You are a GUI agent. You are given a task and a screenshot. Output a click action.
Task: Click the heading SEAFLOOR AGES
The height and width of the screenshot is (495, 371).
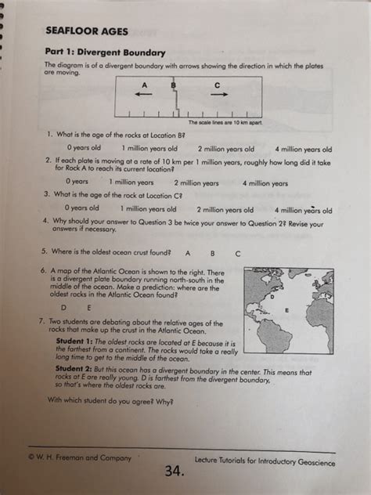[87, 31]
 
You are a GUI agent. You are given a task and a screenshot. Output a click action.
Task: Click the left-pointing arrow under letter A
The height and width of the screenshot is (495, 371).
[143, 94]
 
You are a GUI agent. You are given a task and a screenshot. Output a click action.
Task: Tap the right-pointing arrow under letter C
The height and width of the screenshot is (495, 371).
[219, 94]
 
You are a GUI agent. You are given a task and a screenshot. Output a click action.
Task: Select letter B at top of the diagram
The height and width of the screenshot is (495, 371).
[173, 85]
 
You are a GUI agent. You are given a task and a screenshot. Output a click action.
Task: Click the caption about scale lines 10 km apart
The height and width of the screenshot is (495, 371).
[225, 122]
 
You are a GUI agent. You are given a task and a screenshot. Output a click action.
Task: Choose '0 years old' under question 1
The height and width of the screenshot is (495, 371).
[84, 147]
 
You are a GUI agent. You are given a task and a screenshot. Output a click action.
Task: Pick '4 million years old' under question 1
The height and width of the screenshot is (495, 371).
[304, 149]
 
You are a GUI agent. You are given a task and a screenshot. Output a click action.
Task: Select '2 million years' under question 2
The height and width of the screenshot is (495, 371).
[196, 183]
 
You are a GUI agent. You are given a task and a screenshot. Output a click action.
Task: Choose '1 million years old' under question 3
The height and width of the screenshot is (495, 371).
[148, 209]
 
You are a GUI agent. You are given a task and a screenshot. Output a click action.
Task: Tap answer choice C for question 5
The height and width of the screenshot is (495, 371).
[238, 254]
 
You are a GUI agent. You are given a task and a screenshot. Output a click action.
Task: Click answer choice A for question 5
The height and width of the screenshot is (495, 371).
[188, 253]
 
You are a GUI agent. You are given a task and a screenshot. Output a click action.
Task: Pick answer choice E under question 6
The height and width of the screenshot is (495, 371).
[88, 308]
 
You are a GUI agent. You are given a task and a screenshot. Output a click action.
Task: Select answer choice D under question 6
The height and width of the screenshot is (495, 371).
[63, 307]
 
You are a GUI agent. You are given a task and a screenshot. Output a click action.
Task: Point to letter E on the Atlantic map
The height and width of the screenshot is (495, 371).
[286, 310]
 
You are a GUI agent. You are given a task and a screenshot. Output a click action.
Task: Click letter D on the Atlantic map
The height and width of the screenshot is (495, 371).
[272, 296]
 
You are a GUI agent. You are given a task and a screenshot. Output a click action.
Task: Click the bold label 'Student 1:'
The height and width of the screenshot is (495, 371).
[74, 341]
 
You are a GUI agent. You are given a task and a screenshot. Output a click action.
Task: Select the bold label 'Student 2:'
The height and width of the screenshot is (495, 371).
[74, 368]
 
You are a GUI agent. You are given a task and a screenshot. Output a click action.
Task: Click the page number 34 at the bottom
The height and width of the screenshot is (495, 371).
[175, 471]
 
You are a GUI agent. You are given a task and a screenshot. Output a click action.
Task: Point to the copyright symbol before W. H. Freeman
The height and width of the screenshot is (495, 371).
[31, 457]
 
